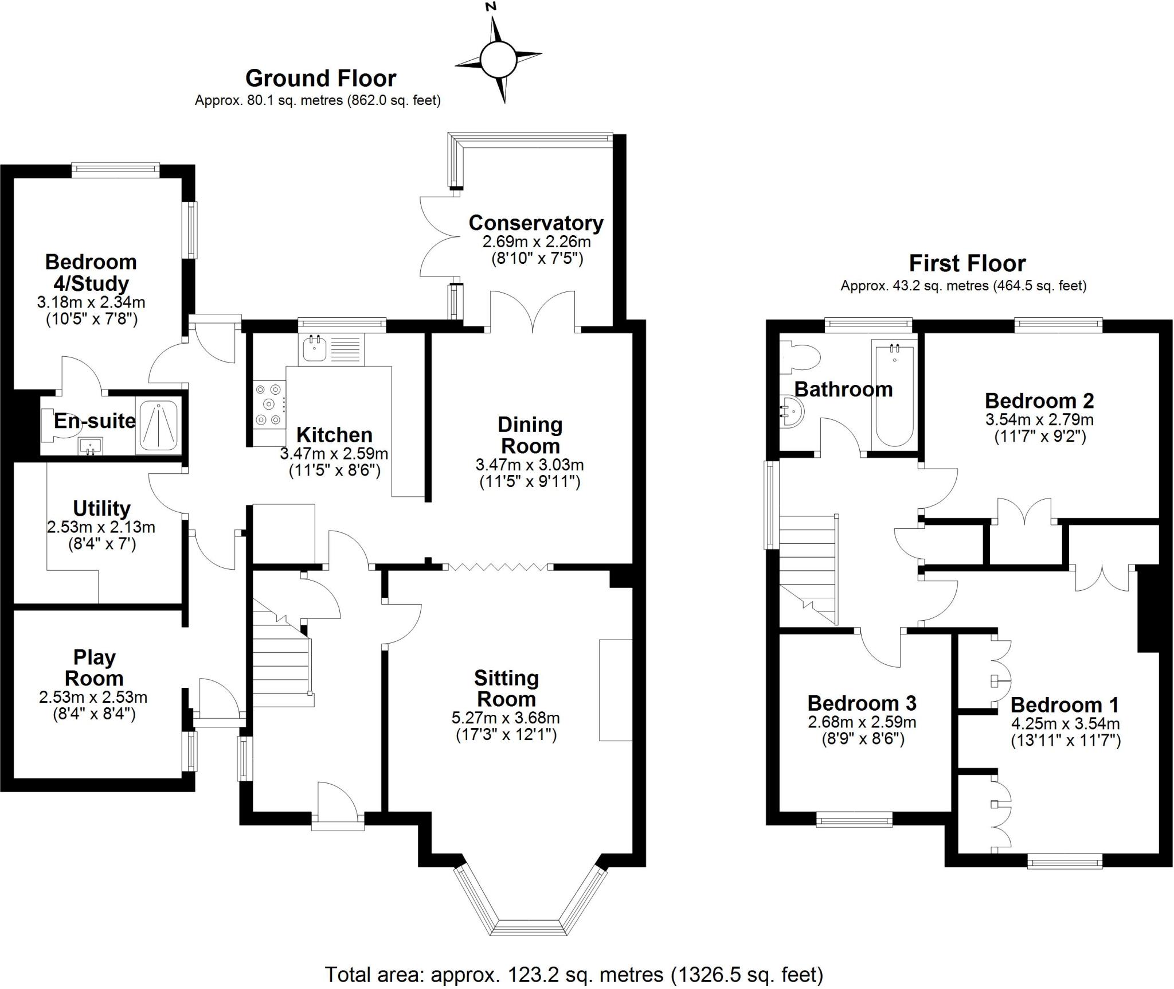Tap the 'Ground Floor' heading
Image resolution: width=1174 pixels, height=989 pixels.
coord(320,78)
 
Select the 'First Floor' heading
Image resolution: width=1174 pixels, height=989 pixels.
coord(967,263)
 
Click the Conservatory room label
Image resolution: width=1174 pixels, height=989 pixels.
coord(536,223)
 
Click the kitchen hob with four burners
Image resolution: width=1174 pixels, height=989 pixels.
coord(269,404)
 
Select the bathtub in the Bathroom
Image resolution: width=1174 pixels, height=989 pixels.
coord(894,393)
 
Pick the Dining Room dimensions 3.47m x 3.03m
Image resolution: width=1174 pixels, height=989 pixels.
coord(530,464)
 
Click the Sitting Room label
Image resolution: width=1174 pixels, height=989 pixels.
coord(506,688)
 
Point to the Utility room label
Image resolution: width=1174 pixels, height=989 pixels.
coord(101,508)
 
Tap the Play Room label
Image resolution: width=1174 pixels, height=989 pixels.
coord(94,668)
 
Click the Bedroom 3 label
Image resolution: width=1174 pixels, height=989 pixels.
coord(862,703)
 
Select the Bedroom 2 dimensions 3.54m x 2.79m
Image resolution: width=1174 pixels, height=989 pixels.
coord(1039,419)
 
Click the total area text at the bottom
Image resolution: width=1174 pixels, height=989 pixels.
coord(574,975)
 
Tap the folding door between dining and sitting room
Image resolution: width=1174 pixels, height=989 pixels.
coord(498,567)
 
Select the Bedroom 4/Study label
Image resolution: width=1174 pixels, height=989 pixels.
coord(91,272)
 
